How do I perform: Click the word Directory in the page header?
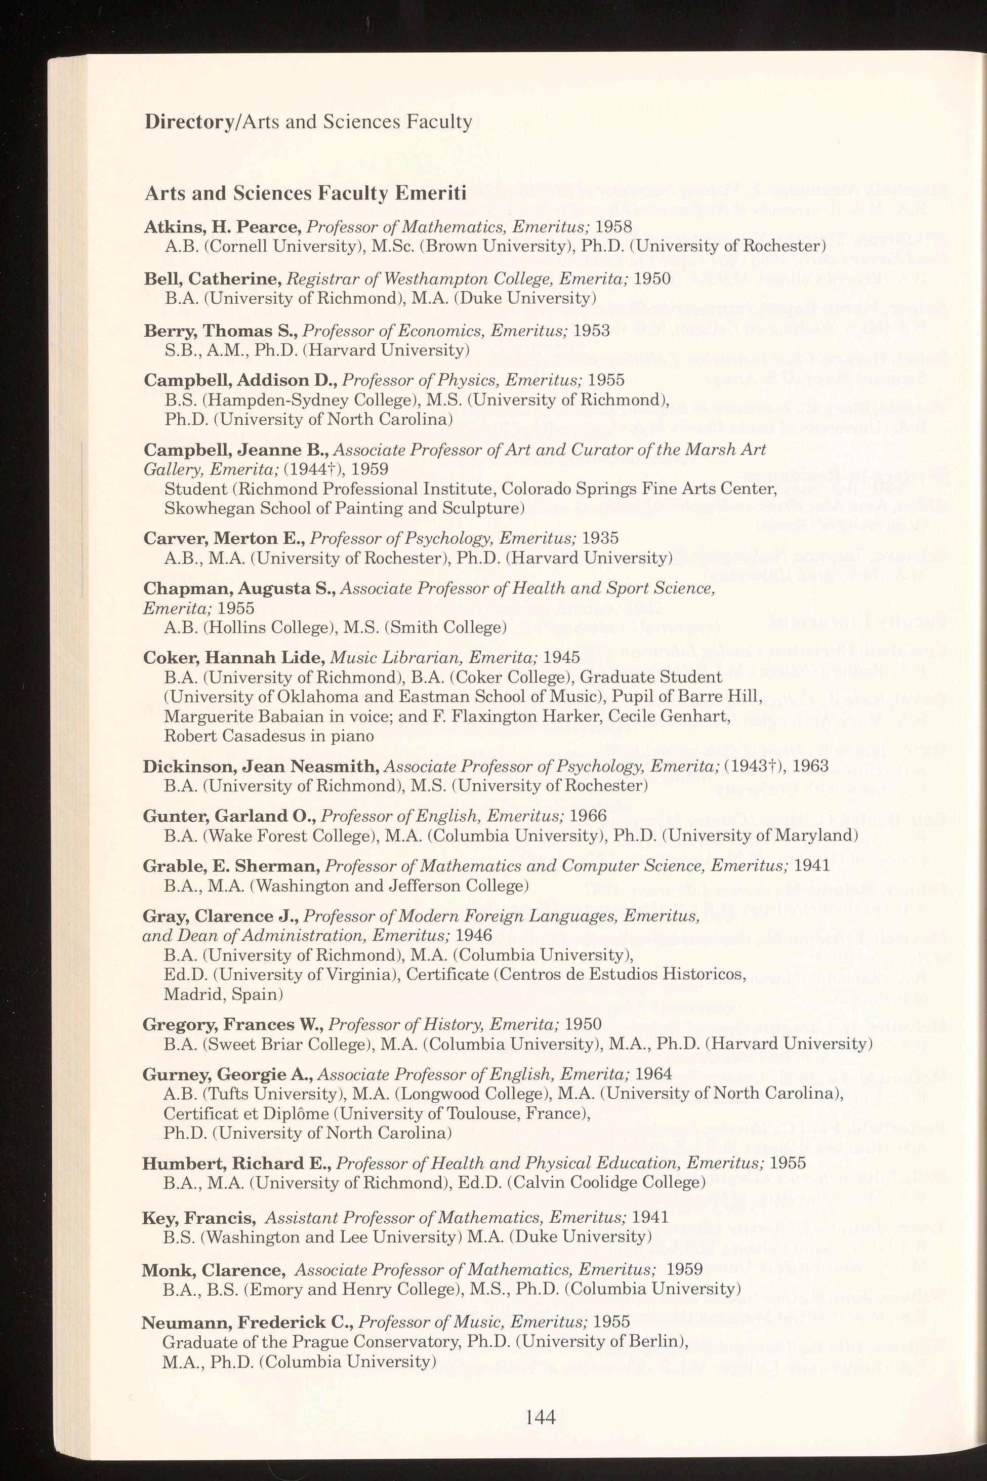189,122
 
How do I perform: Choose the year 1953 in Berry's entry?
591,331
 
